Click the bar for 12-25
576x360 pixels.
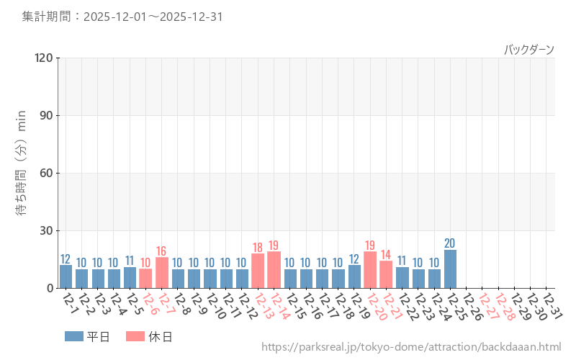coord(450,269)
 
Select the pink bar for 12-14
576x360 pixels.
coord(274,270)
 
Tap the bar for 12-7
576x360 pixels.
coord(162,273)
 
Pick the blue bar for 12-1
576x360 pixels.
coord(66,276)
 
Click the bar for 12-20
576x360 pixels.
coord(370,270)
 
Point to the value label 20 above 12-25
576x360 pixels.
coord(450,243)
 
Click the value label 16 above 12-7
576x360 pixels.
coord(162,251)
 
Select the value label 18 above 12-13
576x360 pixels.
coord(258,248)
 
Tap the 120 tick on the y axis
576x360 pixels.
coord(44,58)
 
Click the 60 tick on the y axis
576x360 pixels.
coord(47,173)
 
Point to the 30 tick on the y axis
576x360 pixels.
coord(47,230)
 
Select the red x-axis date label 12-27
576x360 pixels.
coord(487,306)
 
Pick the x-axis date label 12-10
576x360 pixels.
coord(214,306)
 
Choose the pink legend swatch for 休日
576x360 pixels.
coord(135,336)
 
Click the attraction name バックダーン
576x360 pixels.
coord(529,50)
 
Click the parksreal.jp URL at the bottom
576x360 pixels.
coord(411,348)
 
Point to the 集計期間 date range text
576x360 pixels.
coord(122,16)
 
